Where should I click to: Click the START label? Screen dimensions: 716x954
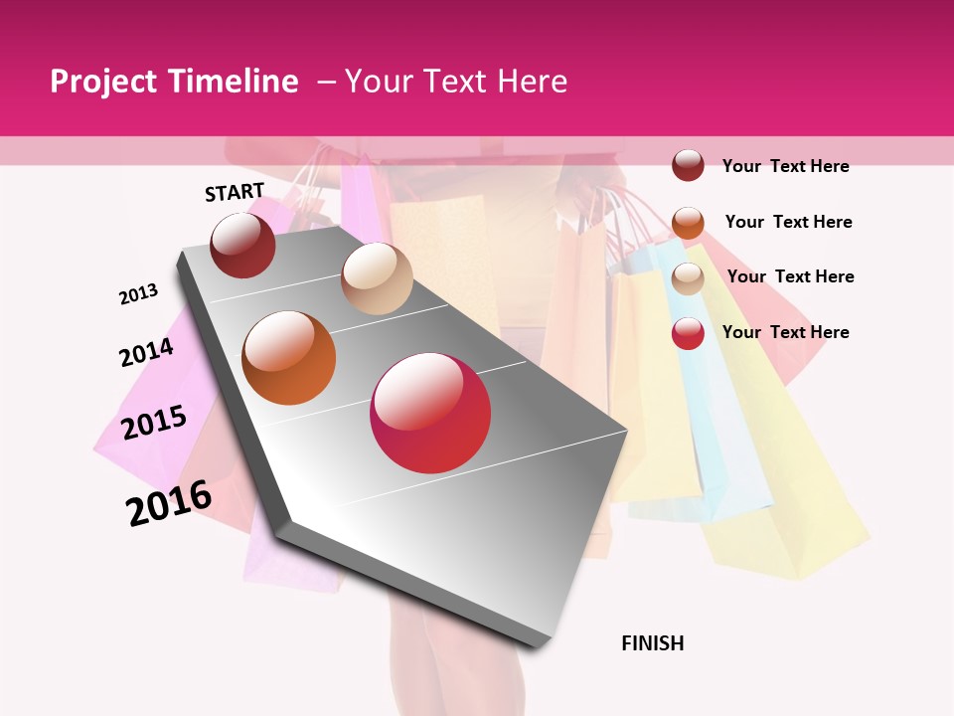tap(235, 192)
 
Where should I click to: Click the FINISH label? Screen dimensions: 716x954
tap(653, 643)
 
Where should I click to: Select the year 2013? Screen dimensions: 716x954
tap(138, 294)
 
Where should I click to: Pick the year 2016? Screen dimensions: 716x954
tap(169, 503)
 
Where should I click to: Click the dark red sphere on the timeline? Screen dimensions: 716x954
tap(242, 246)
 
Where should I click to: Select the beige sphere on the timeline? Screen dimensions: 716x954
tap(377, 278)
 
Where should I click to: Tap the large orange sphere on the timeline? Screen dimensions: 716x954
tap(289, 358)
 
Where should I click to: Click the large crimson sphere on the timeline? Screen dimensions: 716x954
tap(430, 413)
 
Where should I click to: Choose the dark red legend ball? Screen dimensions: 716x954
tap(688, 165)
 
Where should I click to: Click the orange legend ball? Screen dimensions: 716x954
tap(688, 222)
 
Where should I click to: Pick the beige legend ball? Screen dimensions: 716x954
tap(688, 278)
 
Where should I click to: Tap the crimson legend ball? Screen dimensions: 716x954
tap(688, 333)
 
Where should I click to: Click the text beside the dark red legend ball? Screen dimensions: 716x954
tap(785, 166)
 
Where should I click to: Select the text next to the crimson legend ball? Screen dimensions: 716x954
tap(785, 332)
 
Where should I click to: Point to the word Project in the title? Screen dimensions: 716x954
tap(103, 82)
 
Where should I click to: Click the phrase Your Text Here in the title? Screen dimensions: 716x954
tap(456, 82)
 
